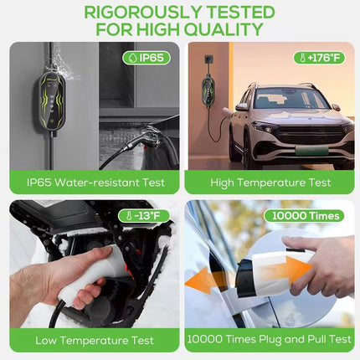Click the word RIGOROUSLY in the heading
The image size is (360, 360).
pos(143,13)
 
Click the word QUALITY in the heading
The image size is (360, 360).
pos(224,29)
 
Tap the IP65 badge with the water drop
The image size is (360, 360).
pos(147,58)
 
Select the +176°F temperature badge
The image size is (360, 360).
pos(319,58)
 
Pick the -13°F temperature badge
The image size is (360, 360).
pos(144,216)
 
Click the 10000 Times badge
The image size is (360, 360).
pos(304,216)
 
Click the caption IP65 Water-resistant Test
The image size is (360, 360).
pos(95,183)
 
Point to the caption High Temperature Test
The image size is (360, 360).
pos(270,183)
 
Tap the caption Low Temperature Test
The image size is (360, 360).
pos(95,341)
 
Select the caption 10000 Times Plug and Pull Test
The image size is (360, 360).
pos(269,339)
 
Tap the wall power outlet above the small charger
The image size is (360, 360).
pos(208,59)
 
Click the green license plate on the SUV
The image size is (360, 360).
pos(311,150)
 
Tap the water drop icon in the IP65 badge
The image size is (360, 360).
pos(131,58)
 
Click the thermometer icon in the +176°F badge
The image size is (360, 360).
pos(302,58)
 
